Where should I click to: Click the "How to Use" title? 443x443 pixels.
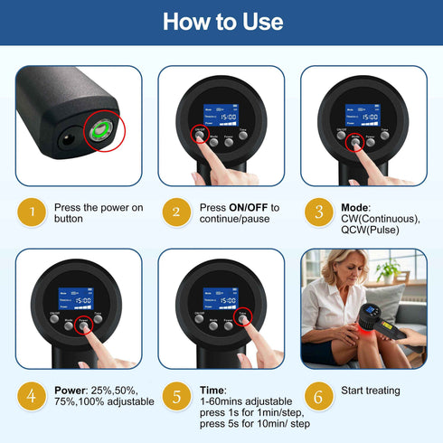(221, 22)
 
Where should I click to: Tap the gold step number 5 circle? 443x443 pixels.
(175, 395)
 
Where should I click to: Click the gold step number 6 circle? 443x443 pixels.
(317, 395)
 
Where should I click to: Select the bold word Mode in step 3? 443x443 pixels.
(355, 207)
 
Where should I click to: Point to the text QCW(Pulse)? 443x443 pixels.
(370, 230)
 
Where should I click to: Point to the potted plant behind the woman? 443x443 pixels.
(390, 269)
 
